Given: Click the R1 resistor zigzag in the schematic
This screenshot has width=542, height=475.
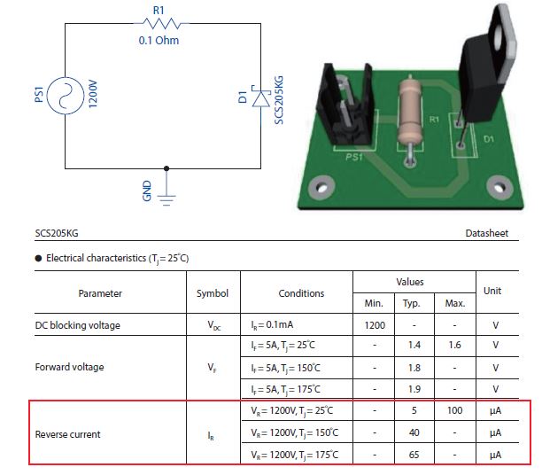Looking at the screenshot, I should click(x=159, y=24).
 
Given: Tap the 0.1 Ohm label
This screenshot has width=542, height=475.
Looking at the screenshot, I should click(x=159, y=40).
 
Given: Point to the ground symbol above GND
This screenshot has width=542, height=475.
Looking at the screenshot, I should click(x=168, y=196).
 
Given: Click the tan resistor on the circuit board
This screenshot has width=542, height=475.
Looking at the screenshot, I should click(x=409, y=111).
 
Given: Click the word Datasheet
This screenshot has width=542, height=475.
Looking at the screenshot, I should click(x=487, y=234).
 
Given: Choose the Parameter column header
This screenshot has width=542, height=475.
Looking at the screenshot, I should click(x=100, y=293).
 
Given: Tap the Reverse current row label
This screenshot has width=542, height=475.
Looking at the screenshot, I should click(x=67, y=434).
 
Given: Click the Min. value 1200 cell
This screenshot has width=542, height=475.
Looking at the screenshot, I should click(x=375, y=325).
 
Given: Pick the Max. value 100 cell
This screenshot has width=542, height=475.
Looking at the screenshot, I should click(x=455, y=411).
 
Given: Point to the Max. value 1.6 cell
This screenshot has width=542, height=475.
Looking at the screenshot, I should click(x=455, y=346).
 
